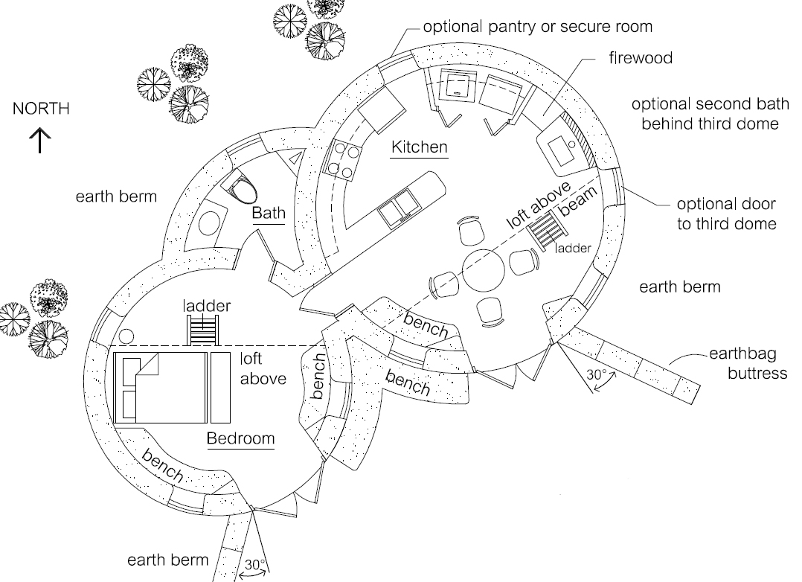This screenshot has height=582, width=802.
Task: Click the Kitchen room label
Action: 420,147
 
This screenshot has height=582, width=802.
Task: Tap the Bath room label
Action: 269,212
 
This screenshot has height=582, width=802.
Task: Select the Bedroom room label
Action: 240,438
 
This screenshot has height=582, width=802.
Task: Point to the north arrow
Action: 40,140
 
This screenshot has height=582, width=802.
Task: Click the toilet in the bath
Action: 242,188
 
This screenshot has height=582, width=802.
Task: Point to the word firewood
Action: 641,58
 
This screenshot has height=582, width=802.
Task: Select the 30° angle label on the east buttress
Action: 597,374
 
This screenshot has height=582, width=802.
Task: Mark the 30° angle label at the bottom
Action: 255,565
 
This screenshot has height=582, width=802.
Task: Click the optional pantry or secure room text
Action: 538,27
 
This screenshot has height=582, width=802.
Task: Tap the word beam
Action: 578,201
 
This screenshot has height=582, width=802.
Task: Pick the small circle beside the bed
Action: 126,337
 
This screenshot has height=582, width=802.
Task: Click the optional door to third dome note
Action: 727,214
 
